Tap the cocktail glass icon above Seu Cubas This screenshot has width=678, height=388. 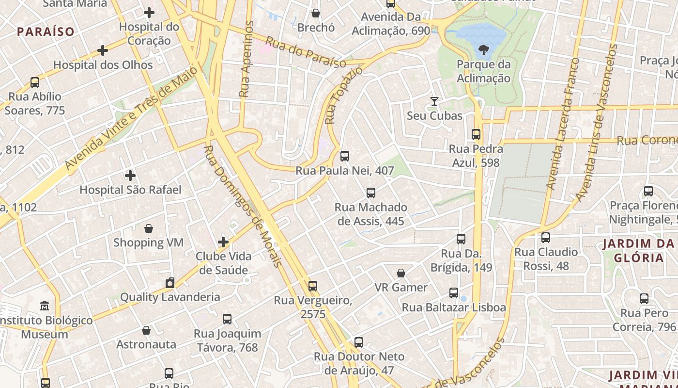pos(434,101)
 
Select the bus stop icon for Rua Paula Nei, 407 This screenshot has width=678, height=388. pos(345,156)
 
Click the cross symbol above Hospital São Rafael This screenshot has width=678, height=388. pos(130,175)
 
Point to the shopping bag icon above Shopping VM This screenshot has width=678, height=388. pos(149,228)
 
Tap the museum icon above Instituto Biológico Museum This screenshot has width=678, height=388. pos(45,306)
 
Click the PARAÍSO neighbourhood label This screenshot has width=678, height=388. pos(46,32)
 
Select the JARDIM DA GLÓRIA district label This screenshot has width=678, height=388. pos(639,251)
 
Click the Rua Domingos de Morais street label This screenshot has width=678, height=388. pos(242,206)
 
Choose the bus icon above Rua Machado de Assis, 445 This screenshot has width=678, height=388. pos(371,193)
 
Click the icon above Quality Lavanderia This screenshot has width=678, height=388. pos(169,283)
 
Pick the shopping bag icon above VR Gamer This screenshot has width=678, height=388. pos(401,273)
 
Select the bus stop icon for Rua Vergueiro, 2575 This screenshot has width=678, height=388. pos(313,286)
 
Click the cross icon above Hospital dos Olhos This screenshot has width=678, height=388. pos(103,50)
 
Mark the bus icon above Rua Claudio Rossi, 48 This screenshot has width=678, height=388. pos(546,238)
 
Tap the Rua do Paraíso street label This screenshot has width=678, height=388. pos(306,52)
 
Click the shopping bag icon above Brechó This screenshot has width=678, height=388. pos(316,13)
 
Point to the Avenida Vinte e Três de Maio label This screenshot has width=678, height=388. pos(131,118)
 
